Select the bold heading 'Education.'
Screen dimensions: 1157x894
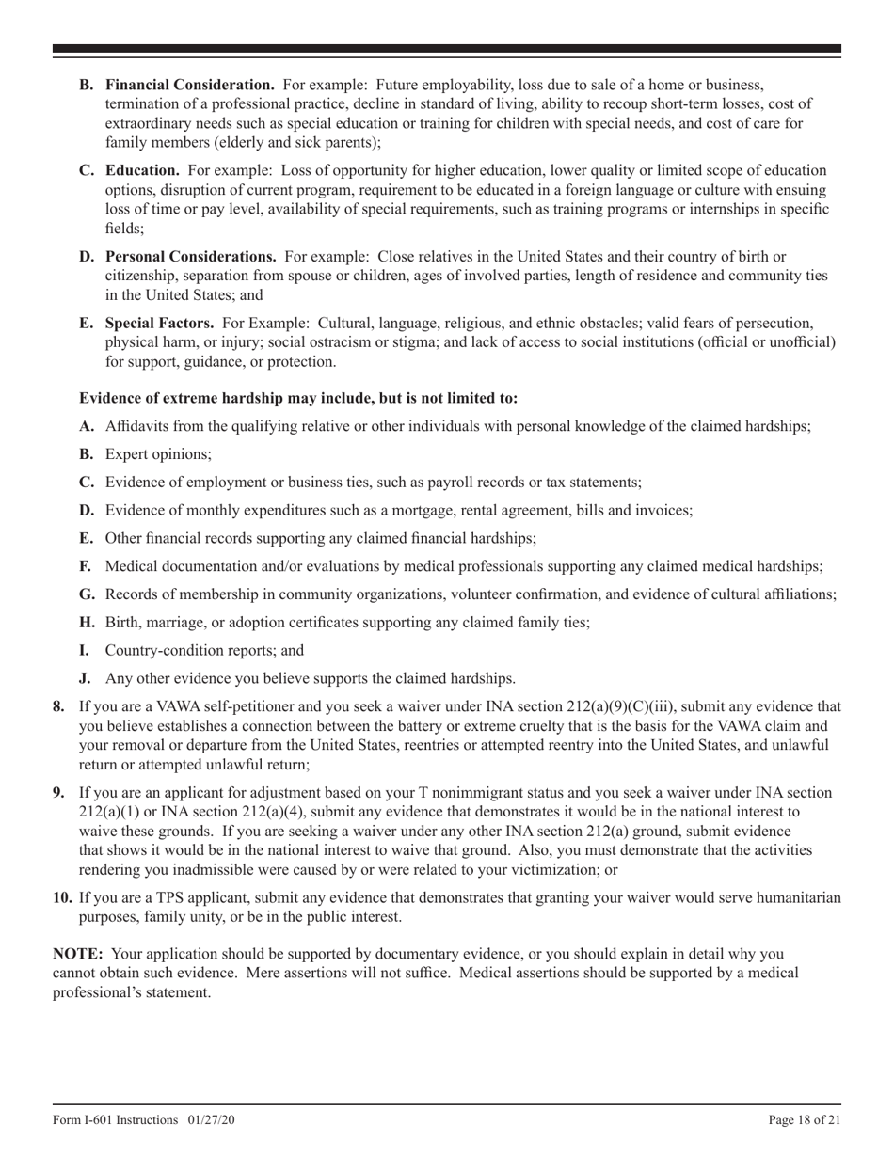click(142, 170)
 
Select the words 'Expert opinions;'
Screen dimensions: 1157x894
click(158, 453)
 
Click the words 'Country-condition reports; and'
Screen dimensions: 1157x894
click(204, 650)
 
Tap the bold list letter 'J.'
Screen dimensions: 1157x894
click(85, 678)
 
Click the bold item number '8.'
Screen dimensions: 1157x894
click(58, 706)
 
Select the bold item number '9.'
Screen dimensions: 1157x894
click(58, 792)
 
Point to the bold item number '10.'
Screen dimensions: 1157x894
click(62, 897)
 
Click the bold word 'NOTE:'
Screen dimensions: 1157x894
click(78, 954)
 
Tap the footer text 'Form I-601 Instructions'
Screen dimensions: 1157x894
click(115, 1119)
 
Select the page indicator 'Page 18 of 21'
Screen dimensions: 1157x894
click(805, 1119)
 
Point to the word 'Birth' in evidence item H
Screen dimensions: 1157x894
click(122, 622)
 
